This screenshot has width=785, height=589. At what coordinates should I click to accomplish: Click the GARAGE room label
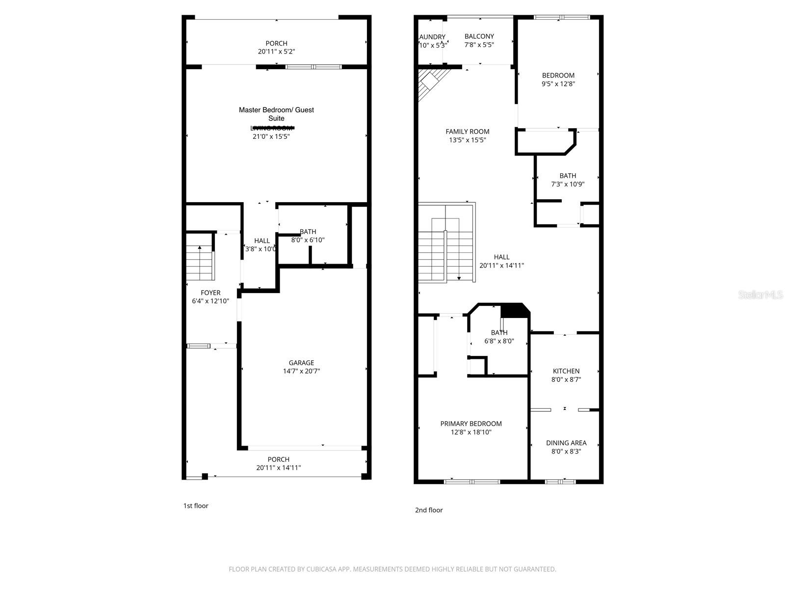pyautogui.click(x=301, y=363)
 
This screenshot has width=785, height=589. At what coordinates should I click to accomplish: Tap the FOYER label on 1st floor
pyautogui.click(x=210, y=293)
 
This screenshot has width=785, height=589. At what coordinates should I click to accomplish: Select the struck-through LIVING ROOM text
pyautogui.click(x=272, y=128)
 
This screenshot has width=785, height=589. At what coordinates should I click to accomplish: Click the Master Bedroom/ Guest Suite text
pyautogui.click(x=276, y=114)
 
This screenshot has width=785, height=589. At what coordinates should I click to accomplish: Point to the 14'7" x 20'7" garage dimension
pyautogui.click(x=301, y=371)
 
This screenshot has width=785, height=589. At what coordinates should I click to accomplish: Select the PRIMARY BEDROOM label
pyautogui.click(x=471, y=424)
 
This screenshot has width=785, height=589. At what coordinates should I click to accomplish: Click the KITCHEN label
pyautogui.click(x=566, y=371)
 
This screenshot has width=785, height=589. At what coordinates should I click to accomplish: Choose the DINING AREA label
pyautogui.click(x=566, y=443)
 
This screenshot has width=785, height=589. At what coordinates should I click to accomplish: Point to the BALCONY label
pyautogui.click(x=479, y=36)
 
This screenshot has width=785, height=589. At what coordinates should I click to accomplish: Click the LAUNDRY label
pyautogui.click(x=432, y=37)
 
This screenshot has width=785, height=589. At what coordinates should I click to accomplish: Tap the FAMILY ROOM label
pyautogui.click(x=468, y=131)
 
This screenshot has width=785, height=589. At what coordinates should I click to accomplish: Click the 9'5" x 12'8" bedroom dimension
pyautogui.click(x=558, y=84)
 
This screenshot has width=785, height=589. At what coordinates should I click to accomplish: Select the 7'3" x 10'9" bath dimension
pyautogui.click(x=568, y=184)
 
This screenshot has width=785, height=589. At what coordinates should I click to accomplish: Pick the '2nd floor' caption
pyautogui.click(x=429, y=510)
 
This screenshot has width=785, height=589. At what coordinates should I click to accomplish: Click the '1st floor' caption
pyautogui.click(x=196, y=506)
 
